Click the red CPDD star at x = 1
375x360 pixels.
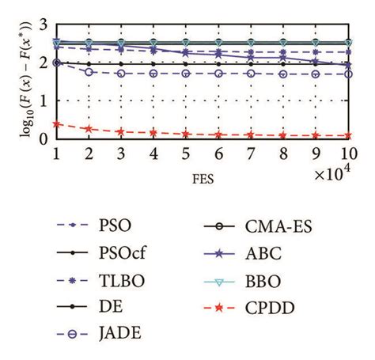55,123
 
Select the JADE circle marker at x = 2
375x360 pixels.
89,71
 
